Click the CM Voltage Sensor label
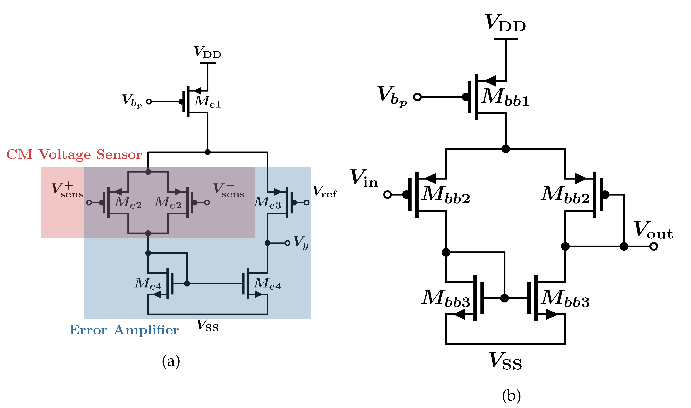(74, 155)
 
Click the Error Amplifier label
(124, 330)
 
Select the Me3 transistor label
(267, 203)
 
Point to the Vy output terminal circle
(287, 243)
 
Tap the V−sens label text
(229, 190)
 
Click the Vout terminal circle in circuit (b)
(654, 247)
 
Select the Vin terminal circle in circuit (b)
(388, 195)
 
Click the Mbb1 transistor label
(505, 97)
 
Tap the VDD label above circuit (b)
(506, 23)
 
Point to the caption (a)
(171, 361)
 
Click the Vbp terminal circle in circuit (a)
(149, 102)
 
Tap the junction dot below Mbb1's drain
(506, 149)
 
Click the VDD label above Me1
(208, 52)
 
